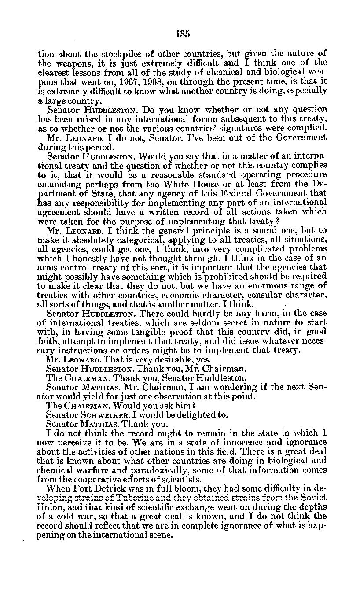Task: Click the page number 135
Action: click(183, 34)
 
